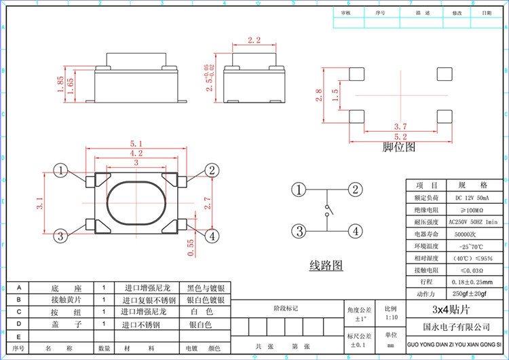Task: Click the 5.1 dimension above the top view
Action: (135, 144)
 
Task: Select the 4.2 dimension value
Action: (136, 154)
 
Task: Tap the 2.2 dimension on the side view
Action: (254, 41)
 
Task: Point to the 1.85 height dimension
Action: (61, 84)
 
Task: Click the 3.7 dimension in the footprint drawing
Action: (400, 126)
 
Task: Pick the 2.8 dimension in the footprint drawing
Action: (319, 95)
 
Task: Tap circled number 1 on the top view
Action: (61, 170)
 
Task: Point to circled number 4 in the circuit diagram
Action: (354, 230)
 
